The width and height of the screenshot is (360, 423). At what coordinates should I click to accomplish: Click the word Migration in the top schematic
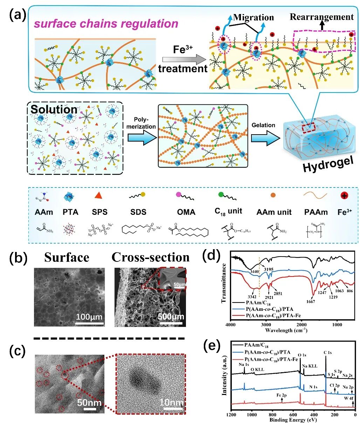click(x=253, y=17)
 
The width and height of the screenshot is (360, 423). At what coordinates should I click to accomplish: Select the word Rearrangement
click(x=321, y=16)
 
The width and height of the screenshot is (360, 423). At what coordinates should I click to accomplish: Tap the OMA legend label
click(x=186, y=212)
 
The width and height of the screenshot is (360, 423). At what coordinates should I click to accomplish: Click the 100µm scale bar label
click(x=89, y=318)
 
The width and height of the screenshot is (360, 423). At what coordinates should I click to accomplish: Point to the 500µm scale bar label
click(x=171, y=317)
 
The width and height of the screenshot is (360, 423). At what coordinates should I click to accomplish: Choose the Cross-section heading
click(x=151, y=257)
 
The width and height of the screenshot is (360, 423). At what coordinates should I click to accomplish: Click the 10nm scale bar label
click(x=171, y=403)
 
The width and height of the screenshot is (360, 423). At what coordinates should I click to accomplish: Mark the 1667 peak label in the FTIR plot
click(x=310, y=301)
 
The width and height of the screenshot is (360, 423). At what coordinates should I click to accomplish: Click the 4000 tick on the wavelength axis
click(x=231, y=325)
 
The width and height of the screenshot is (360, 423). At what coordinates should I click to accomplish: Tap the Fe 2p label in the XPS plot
click(x=281, y=395)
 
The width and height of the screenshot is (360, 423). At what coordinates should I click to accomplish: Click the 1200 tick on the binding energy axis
click(x=231, y=415)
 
